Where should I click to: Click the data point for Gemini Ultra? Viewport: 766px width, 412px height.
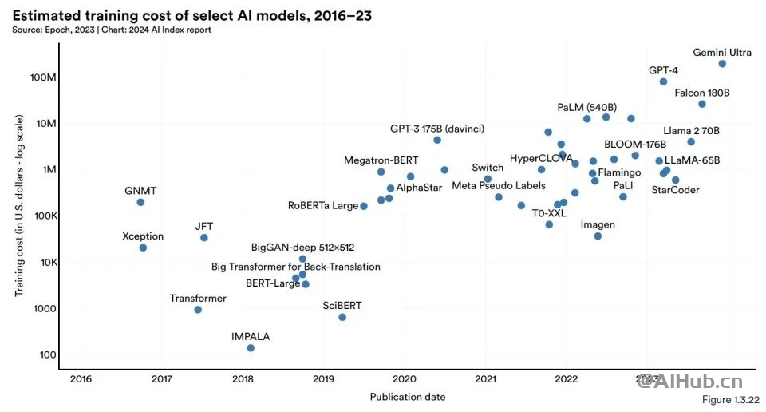pos(722,64)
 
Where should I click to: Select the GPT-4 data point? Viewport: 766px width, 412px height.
pos(663,81)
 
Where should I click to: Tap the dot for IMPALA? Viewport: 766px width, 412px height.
pos(251,348)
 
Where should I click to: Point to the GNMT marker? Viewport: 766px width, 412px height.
pos(140,202)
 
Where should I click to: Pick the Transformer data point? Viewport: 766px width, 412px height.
pos(198,310)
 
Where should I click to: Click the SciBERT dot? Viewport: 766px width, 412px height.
pos(342,317)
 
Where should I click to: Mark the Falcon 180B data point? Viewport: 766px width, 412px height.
pos(702,104)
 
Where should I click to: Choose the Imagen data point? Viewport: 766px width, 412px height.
pos(598,236)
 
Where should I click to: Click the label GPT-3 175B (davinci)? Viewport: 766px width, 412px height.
pos(437,129)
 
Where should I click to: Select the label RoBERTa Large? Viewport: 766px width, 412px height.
pos(323,206)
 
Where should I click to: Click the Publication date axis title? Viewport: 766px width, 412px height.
pos(407,397)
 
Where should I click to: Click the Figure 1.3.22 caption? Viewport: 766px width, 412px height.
pos(730,399)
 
